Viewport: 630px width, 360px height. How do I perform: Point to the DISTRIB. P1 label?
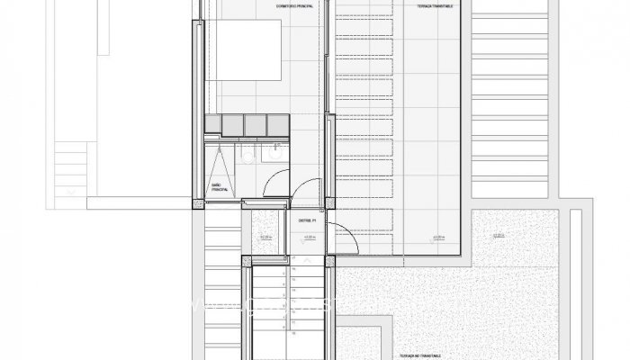click(307, 218)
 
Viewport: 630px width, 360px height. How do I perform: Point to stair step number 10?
click(295, 333)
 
